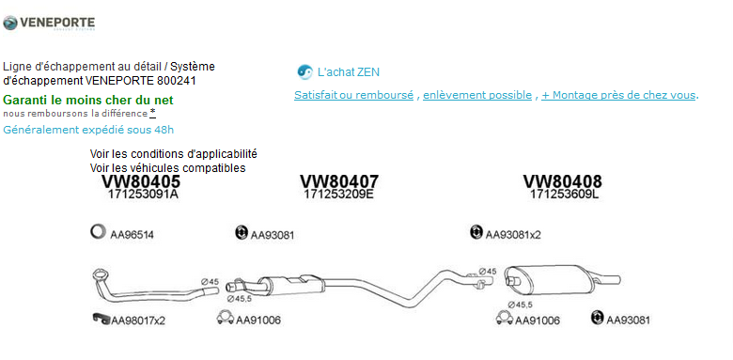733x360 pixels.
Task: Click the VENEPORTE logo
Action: (49, 23)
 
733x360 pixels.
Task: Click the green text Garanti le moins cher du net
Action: (88, 100)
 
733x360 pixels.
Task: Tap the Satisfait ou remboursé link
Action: (354, 95)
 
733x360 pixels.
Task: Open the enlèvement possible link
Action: (477, 95)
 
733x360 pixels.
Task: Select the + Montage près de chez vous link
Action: (618, 95)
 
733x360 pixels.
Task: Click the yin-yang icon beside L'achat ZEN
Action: (304, 72)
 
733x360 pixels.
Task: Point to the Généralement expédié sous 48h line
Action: (88, 130)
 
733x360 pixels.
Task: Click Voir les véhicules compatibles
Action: (167, 167)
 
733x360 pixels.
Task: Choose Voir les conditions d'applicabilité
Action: (174, 153)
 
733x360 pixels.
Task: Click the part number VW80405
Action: (141, 181)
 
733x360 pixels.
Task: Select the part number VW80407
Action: (339, 181)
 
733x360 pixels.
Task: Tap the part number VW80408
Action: (562, 181)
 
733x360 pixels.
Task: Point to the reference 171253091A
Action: (143, 195)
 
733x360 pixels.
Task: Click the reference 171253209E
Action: (339, 195)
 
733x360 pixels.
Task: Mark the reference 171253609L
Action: (564, 195)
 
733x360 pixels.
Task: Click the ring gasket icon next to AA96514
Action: (92, 232)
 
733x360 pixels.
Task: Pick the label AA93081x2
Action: (513, 235)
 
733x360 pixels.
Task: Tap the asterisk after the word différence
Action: (152, 112)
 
